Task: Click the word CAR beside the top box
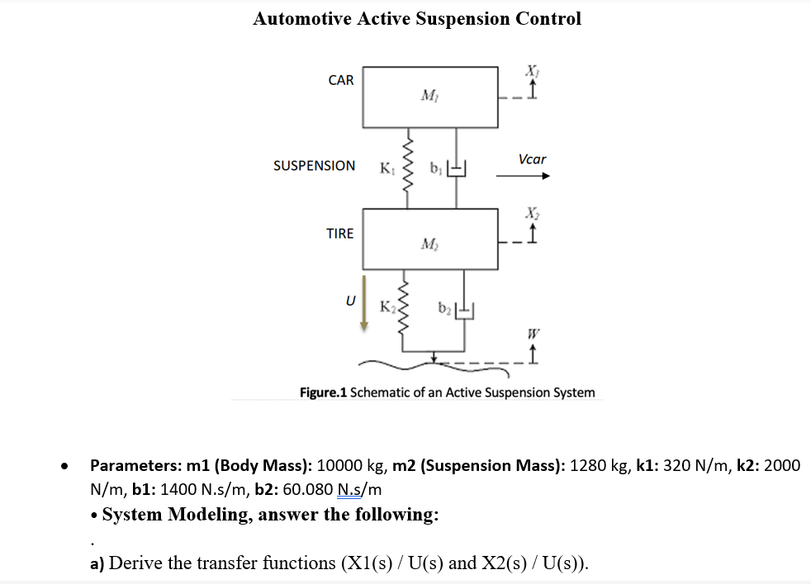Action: click(x=340, y=80)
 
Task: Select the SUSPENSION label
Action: click(x=315, y=166)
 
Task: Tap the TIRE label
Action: click(x=339, y=233)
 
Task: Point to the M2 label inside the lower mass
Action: click(x=429, y=243)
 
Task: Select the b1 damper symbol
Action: click(x=459, y=171)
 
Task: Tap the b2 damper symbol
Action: click(x=466, y=311)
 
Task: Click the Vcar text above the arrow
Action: click(x=532, y=159)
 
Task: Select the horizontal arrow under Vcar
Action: click(x=522, y=176)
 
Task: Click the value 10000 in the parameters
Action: click(x=342, y=465)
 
